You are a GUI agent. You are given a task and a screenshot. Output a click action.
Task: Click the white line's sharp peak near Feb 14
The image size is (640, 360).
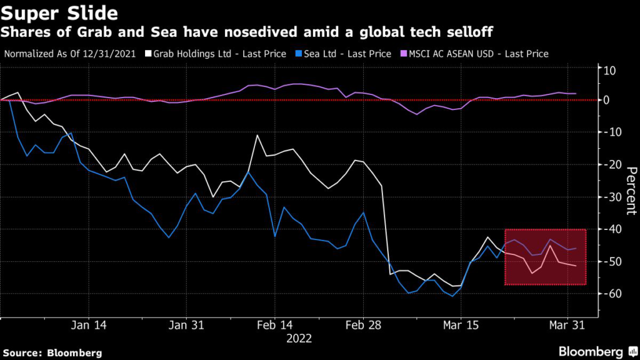point(257,135)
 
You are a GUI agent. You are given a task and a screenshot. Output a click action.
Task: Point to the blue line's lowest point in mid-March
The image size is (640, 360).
point(452,296)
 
